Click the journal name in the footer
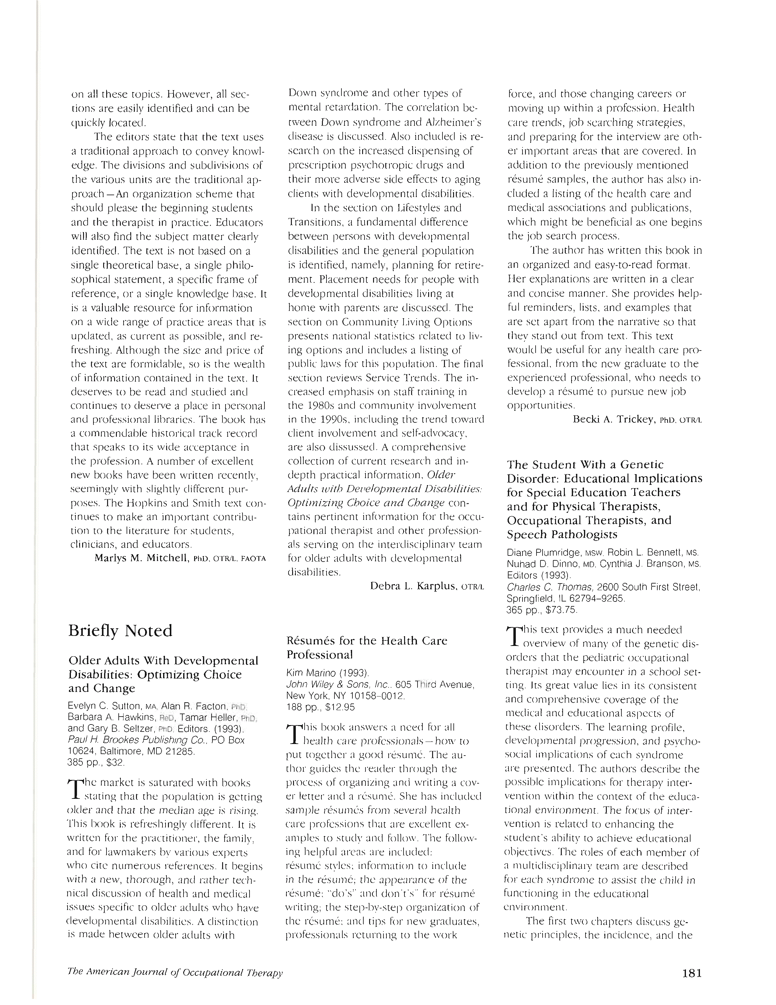click(175, 972)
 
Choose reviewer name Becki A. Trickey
click(613, 419)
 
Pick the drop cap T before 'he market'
click(75, 788)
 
